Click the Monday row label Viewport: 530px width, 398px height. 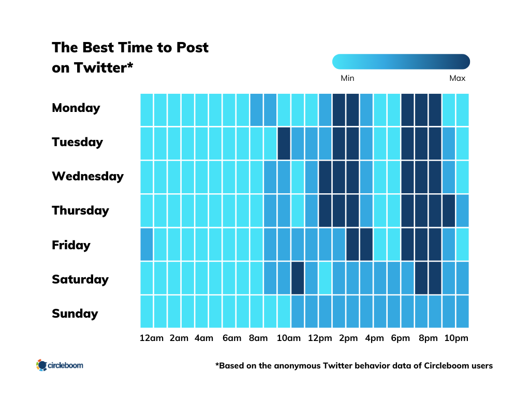tap(76, 108)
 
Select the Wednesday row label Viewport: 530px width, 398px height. tap(87, 176)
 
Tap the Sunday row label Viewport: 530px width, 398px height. tap(75, 314)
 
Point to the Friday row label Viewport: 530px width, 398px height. tap(71, 245)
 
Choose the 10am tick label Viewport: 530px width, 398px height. tap(288, 338)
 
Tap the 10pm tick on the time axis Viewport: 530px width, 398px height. tap(455, 338)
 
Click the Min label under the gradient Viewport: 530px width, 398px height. tap(347, 78)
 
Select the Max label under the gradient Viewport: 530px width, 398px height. tap(457, 78)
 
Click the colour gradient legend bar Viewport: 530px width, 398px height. tap(401, 62)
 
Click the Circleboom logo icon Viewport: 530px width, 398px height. tap(41, 365)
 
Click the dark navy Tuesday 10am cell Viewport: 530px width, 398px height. tap(284, 143)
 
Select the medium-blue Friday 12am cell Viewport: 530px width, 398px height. tap(147, 244)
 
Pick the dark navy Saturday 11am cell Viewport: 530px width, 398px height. tap(297, 278)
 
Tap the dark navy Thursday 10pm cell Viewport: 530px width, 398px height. tap(448, 210)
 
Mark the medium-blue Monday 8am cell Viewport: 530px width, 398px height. tap(256, 109)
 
